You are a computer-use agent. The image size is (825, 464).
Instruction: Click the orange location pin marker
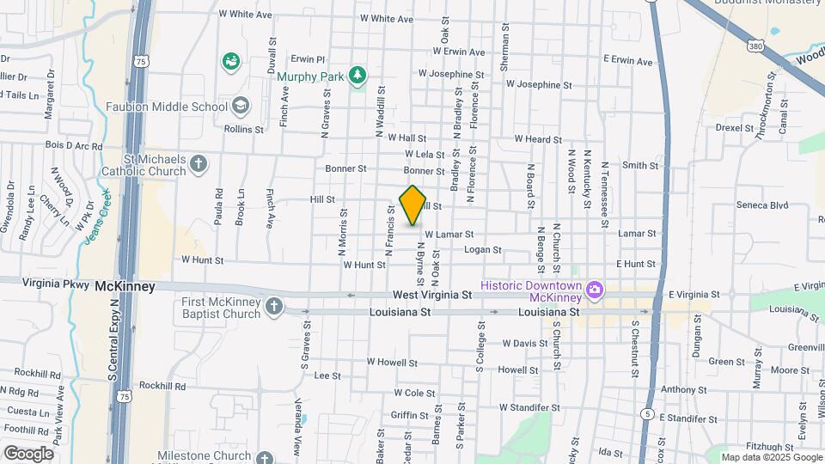pyautogui.click(x=413, y=205)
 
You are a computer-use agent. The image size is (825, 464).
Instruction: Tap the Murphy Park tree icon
pyautogui.click(x=357, y=76)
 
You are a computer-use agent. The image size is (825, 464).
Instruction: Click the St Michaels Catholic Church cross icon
pyautogui.click(x=199, y=164)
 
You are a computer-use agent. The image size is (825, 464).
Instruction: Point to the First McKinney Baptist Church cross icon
pyautogui.click(x=274, y=307)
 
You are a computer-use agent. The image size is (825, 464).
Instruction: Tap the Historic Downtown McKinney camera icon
pyautogui.click(x=594, y=291)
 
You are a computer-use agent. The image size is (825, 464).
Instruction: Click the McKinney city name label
pyautogui.click(x=125, y=286)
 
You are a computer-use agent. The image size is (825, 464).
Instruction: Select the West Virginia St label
pyautogui.click(x=434, y=294)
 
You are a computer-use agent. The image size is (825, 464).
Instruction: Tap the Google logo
pyautogui.click(x=28, y=453)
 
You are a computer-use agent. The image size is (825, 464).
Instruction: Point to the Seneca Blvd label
pyautogui.click(x=762, y=205)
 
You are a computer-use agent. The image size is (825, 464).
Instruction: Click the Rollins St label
pyautogui.click(x=243, y=129)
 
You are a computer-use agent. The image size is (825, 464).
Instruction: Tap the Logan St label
pyautogui.click(x=482, y=249)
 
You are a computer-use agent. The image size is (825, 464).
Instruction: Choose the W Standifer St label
pyautogui.click(x=529, y=407)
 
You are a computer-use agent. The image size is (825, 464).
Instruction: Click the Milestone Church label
pyautogui.click(x=204, y=456)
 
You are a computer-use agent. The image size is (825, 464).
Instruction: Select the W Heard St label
pyautogui.click(x=538, y=139)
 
